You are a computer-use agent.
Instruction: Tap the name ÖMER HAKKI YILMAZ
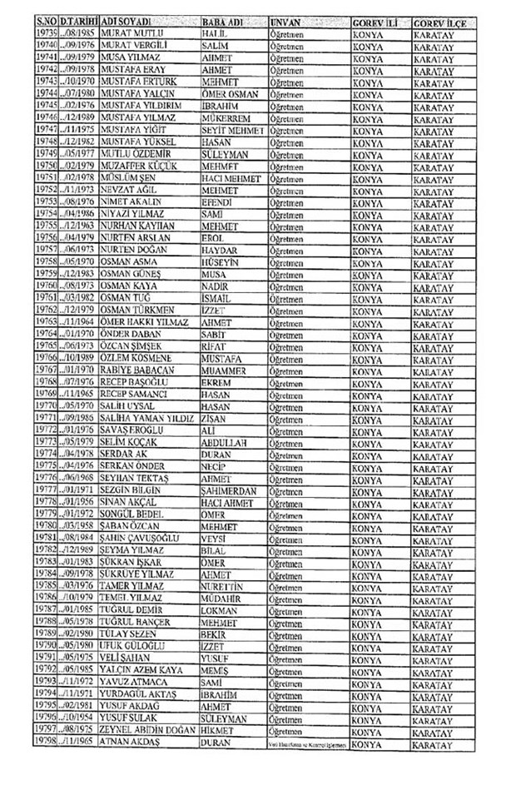(144, 320)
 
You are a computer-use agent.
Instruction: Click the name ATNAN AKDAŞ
(131, 741)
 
